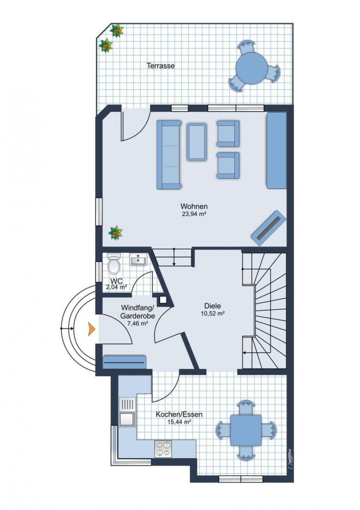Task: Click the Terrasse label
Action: [161, 66]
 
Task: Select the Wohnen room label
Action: [194, 207]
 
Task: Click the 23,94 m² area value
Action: [194, 214]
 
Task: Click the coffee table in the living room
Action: [197, 141]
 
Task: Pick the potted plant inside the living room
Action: [115, 232]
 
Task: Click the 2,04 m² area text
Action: [117, 287]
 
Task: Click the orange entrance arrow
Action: [91, 329]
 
